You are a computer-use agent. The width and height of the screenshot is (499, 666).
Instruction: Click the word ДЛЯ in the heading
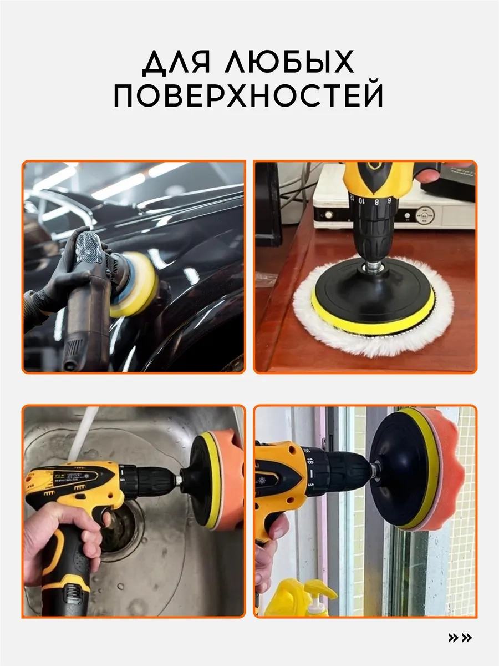(x=177, y=62)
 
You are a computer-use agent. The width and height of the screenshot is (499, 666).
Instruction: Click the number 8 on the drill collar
(x=376, y=202)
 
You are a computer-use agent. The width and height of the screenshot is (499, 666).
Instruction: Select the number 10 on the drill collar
(x=361, y=200)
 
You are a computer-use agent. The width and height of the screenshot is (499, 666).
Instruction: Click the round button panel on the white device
(x=425, y=215)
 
